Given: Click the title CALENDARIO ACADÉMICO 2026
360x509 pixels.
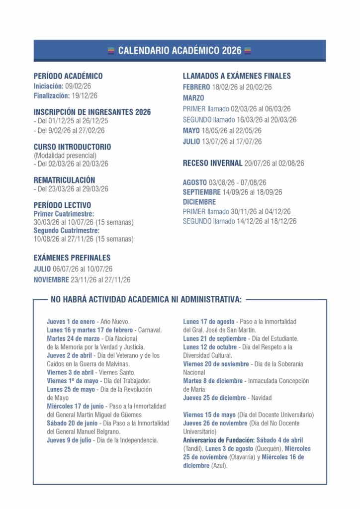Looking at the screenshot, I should [x=180, y=51].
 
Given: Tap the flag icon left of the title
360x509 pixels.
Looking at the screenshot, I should [x=111, y=51].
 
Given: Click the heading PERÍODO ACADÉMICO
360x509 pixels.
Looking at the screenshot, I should [x=68, y=76].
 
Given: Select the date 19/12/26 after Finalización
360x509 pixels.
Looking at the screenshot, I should [x=85, y=95].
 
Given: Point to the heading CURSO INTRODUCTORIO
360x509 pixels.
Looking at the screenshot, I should [x=72, y=147].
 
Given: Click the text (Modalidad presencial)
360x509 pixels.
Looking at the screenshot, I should [x=65, y=155].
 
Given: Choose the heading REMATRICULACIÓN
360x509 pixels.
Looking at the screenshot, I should [x=64, y=180].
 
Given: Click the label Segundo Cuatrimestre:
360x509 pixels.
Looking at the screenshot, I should [x=67, y=231].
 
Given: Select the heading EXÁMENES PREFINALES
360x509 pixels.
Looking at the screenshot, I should [x=72, y=258].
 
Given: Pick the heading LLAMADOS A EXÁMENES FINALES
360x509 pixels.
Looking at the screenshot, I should [x=237, y=76].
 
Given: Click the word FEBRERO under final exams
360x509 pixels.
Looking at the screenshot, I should [x=196, y=87].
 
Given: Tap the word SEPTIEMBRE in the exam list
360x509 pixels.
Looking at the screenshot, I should [x=201, y=192].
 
